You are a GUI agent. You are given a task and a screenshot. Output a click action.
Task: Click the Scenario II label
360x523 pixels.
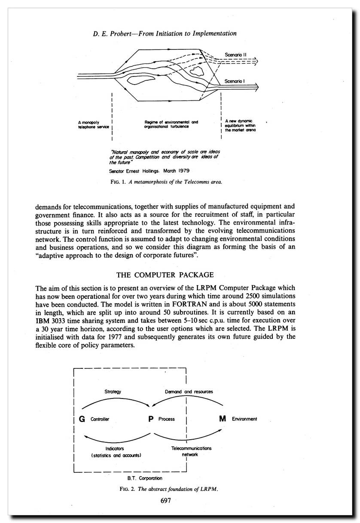235,55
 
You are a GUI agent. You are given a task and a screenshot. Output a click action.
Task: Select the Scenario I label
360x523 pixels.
234,81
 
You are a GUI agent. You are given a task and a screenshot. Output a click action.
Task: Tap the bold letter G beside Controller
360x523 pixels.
82,419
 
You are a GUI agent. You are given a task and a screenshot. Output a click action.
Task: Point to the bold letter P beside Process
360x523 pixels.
151,419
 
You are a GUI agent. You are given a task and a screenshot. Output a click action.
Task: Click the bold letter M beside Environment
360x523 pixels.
222,419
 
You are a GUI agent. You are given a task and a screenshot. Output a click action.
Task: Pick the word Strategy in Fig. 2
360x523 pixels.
113,392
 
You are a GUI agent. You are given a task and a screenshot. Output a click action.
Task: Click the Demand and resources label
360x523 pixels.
189,392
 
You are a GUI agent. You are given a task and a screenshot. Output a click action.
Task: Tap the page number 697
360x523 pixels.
167,500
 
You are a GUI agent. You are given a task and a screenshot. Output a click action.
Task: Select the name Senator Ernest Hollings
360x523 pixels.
135,171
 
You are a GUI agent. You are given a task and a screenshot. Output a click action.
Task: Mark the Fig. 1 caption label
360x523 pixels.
118,182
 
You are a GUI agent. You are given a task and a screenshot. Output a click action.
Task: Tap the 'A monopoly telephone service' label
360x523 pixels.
91,125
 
